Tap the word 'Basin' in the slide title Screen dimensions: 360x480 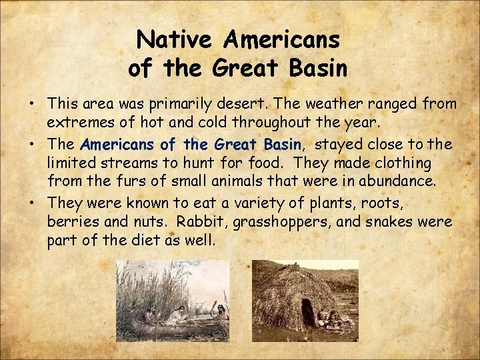pos(317,68)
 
